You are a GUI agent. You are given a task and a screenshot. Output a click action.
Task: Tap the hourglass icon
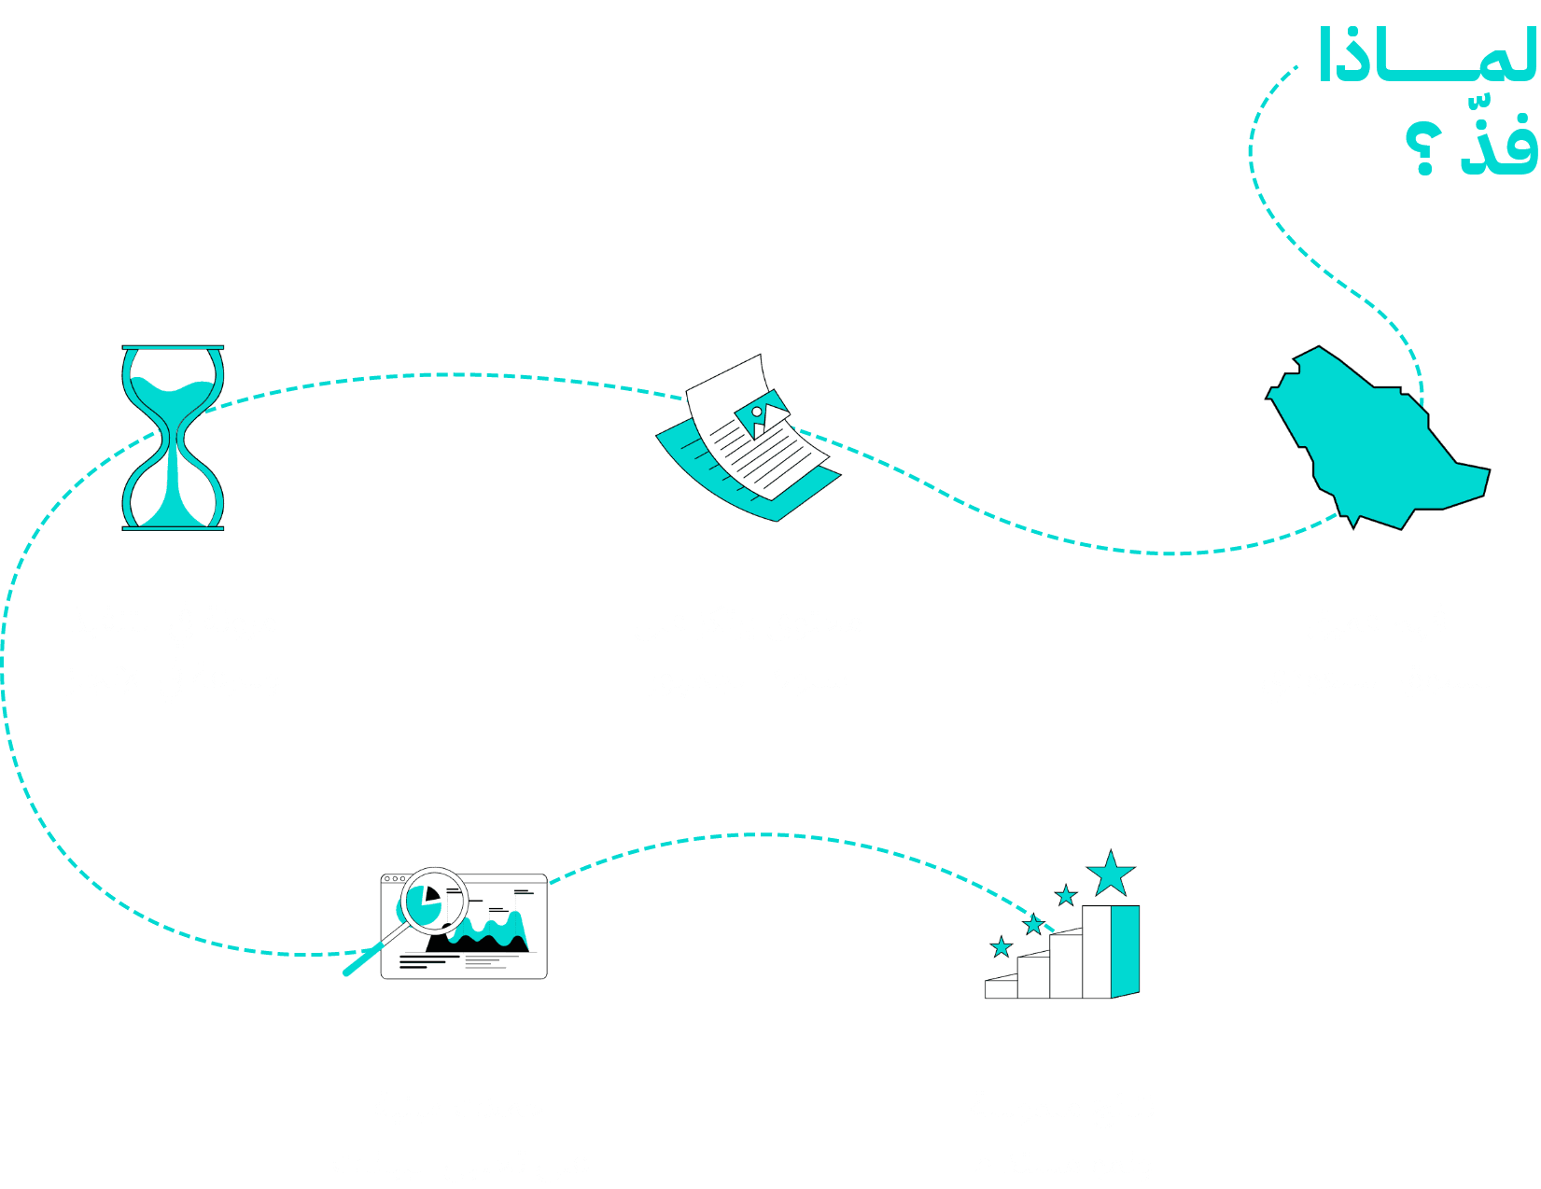pyautogui.click(x=174, y=438)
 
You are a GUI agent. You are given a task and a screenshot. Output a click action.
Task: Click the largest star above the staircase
pyautogui.click(x=1111, y=874)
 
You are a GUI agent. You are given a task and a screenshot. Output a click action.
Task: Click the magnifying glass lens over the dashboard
pyautogui.click(x=431, y=899)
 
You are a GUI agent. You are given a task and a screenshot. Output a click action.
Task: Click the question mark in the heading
pyautogui.click(x=1423, y=147)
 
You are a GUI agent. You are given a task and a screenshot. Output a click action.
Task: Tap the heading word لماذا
pyautogui.click(x=1427, y=56)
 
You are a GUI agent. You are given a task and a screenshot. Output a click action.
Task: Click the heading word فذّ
pyautogui.click(x=1499, y=145)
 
